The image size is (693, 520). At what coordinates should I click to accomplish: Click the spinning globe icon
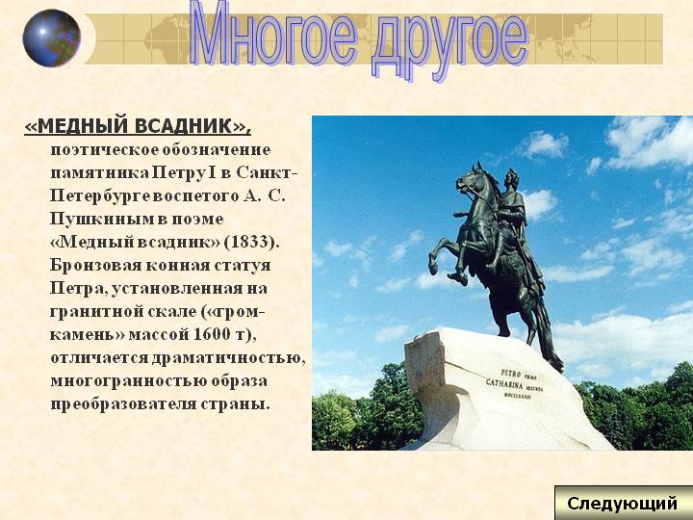coord(52,38)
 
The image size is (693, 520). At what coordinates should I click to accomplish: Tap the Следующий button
coord(623,504)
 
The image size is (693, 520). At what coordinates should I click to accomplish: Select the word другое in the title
coord(449,42)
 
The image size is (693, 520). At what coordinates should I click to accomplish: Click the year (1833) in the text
coord(251,242)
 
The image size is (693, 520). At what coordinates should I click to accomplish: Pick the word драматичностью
coord(228,358)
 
